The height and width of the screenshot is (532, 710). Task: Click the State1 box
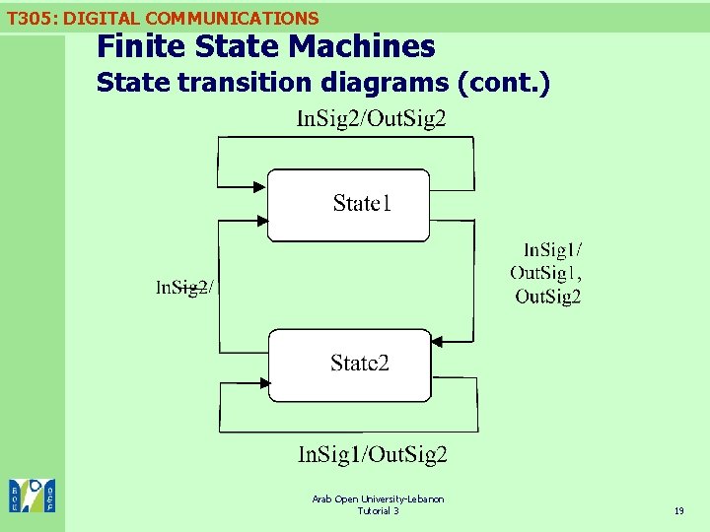pos(349,205)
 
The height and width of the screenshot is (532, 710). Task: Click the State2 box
pos(350,365)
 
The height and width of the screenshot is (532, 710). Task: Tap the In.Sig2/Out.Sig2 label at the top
pos(371,119)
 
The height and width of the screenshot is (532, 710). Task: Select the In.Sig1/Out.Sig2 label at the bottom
pos(373,454)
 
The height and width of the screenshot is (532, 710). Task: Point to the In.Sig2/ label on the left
pos(184,288)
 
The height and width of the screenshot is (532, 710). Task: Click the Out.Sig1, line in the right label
pos(545,273)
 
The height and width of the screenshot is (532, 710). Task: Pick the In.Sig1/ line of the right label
pos(552,250)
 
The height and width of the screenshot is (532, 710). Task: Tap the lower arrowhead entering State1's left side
pos(262,221)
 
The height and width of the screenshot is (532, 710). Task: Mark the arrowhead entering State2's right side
pos(438,342)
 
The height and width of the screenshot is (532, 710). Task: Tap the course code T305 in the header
pos(29,18)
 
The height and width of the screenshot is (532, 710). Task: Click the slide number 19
pos(678,511)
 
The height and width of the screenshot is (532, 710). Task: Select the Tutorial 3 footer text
pos(378,510)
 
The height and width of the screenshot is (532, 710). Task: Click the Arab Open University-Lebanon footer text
pos(378,499)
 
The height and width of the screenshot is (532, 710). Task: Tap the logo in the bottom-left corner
pos(32,496)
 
